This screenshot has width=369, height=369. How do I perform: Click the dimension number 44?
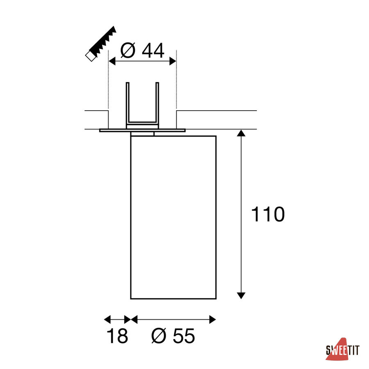coord(153,50)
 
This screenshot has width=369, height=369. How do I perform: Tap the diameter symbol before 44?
coord(128,50)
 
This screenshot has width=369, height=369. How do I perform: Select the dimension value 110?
coord(268,214)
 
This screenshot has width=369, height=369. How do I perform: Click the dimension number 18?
coord(117,336)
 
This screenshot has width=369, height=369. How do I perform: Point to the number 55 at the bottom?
coord(184,336)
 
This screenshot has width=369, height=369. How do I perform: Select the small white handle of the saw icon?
coord(90,56)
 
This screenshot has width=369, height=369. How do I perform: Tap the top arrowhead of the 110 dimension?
coord(241,133)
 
